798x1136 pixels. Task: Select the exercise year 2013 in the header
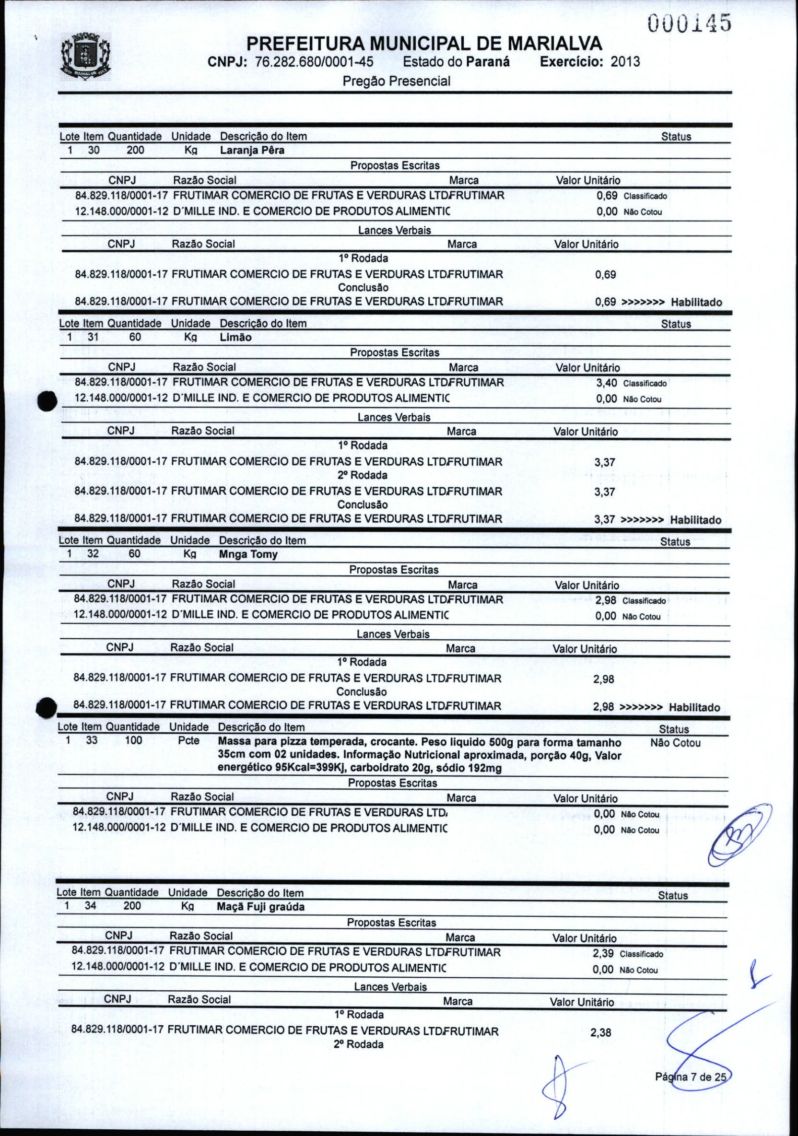coord(625,62)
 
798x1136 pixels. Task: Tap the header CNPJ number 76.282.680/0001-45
coord(314,62)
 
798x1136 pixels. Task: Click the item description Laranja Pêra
coord(252,151)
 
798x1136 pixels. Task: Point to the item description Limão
coord(235,338)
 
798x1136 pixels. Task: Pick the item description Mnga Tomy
coord(248,554)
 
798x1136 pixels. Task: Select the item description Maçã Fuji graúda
coord(261,907)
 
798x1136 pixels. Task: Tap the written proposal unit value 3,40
coord(606,383)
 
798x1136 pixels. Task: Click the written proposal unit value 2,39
coord(603,953)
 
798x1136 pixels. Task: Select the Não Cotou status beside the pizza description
coord(675,743)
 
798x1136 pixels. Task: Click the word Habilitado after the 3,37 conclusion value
coord(695,520)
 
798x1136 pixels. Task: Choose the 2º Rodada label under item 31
coord(363,476)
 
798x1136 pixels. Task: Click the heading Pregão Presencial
coord(397,81)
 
